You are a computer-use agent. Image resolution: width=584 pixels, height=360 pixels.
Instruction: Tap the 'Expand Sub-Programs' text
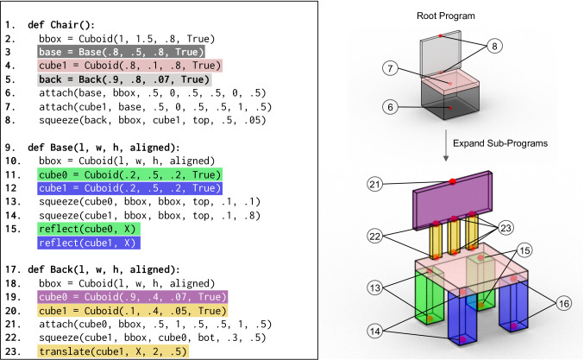coord(499,144)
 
